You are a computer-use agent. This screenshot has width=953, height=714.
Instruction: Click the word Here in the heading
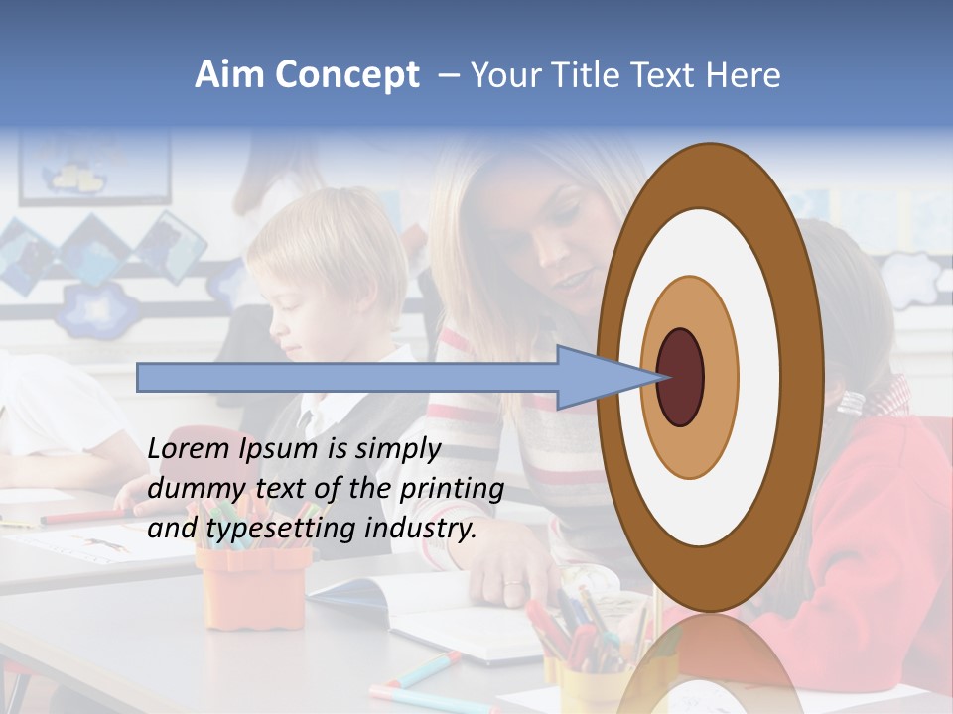pos(743,75)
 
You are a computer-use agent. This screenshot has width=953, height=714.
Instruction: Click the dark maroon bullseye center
pos(680,377)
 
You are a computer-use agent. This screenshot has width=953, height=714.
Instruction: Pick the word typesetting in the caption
pos(279,530)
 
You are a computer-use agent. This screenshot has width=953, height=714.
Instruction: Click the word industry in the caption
pos(420,529)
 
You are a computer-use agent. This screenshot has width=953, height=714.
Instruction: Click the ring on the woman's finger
pos(513,582)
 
